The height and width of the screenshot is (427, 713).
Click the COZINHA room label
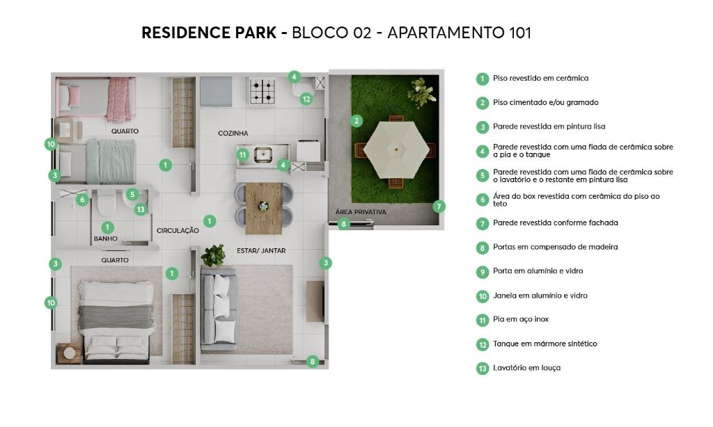[x=233, y=133]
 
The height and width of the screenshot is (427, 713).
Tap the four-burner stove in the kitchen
[x=263, y=91]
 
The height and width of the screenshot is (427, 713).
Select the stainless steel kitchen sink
[x=263, y=154]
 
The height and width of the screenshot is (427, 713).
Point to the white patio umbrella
[x=396, y=150]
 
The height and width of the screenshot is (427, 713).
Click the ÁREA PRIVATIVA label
[x=361, y=211]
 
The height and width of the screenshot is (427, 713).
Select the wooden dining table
[x=264, y=208]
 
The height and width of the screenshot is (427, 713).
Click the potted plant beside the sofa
[x=213, y=255]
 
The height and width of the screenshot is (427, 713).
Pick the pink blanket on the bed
[x=119, y=99]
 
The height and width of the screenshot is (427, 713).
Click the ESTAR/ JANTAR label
[x=261, y=250]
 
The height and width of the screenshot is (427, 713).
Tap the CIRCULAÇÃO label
[x=178, y=230]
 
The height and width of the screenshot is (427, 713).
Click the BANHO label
[x=106, y=239]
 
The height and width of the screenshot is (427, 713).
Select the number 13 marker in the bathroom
[x=141, y=209]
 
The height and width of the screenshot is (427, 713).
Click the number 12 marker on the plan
[x=306, y=99]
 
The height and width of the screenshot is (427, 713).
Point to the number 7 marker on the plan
[x=439, y=207]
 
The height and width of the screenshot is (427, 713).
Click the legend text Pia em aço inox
[x=521, y=319]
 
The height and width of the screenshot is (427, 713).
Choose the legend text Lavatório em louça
[x=526, y=368]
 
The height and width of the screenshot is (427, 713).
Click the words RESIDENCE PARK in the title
[x=209, y=33]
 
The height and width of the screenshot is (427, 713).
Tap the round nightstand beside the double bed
[x=69, y=353]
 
